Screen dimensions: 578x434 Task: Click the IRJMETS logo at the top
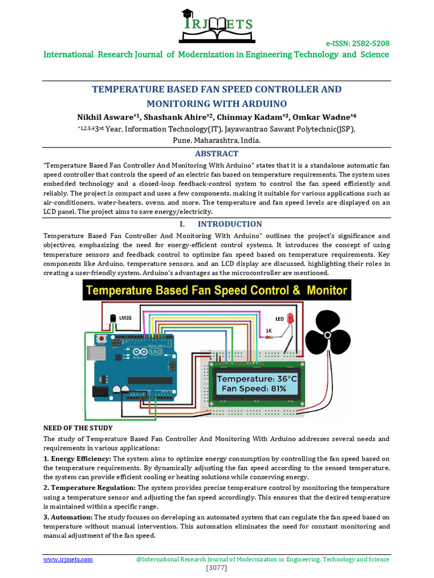(x=216, y=25)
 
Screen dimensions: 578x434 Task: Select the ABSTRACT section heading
(x=216, y=154)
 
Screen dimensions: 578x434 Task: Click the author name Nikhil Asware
(x=106, y=117)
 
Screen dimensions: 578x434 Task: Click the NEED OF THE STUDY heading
(x=78, y=428)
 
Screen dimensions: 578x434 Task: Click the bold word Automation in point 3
(x=72, y=517)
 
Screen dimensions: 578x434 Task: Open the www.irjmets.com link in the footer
(x=68, y=559)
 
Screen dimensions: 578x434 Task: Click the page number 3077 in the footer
(x=216, y=567)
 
